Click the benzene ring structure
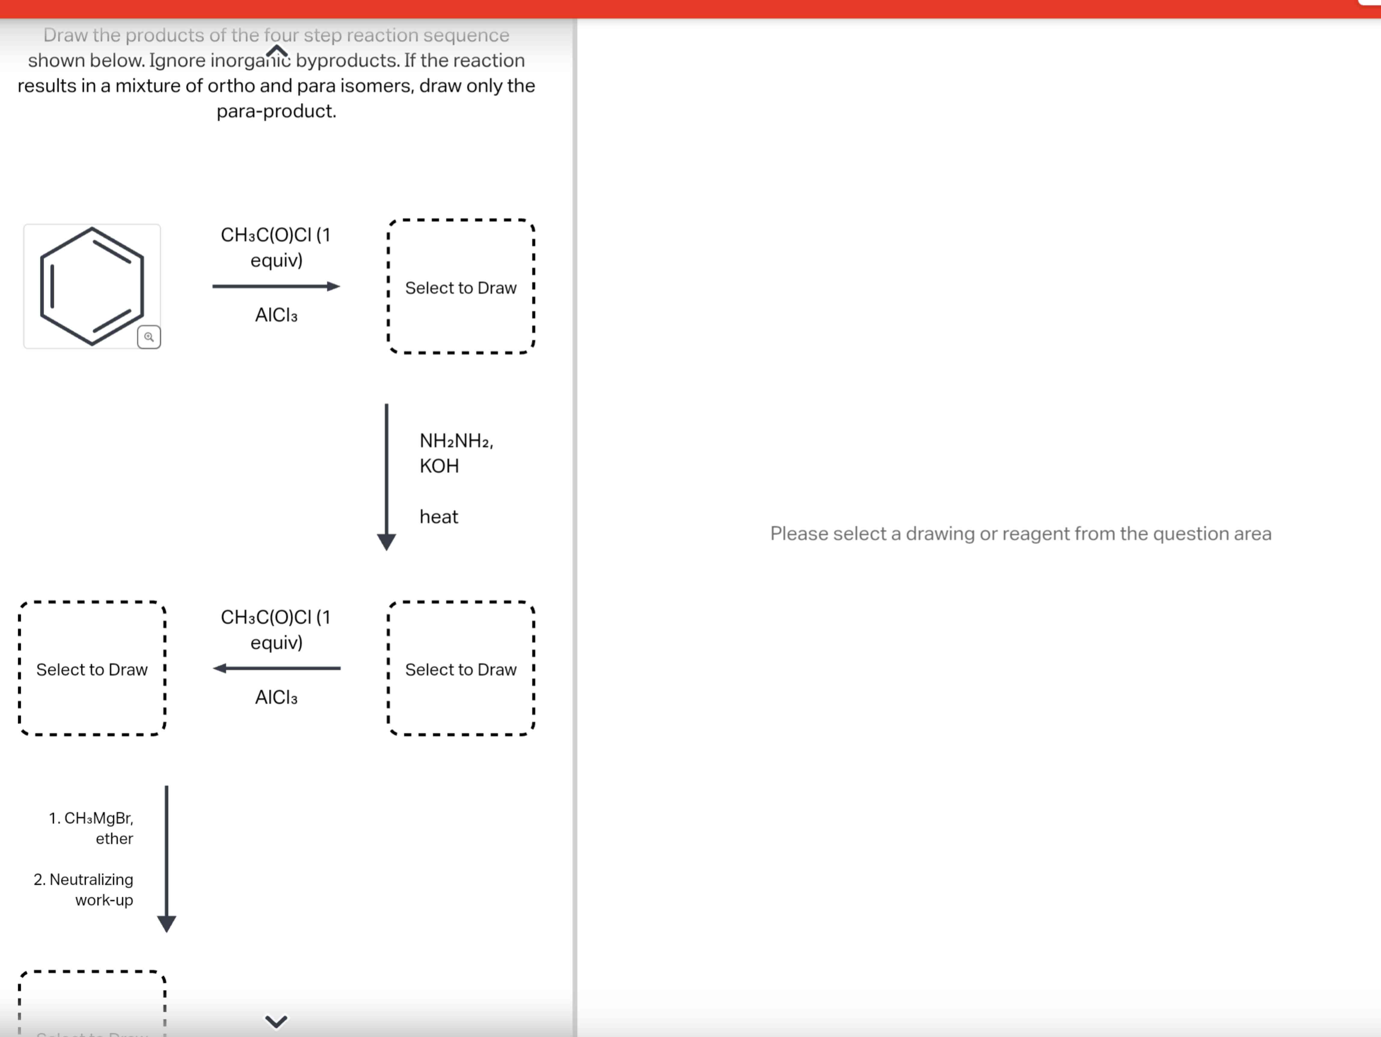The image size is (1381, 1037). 92,286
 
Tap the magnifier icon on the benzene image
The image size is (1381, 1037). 149,337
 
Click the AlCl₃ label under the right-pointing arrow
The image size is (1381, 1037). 276,315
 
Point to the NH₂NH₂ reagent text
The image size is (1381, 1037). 456,441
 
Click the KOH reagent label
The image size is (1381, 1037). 439,466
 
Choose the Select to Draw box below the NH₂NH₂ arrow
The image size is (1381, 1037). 461,669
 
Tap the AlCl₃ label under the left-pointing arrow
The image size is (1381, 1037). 276,697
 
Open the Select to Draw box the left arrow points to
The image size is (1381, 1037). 92,669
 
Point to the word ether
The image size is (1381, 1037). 114,839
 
